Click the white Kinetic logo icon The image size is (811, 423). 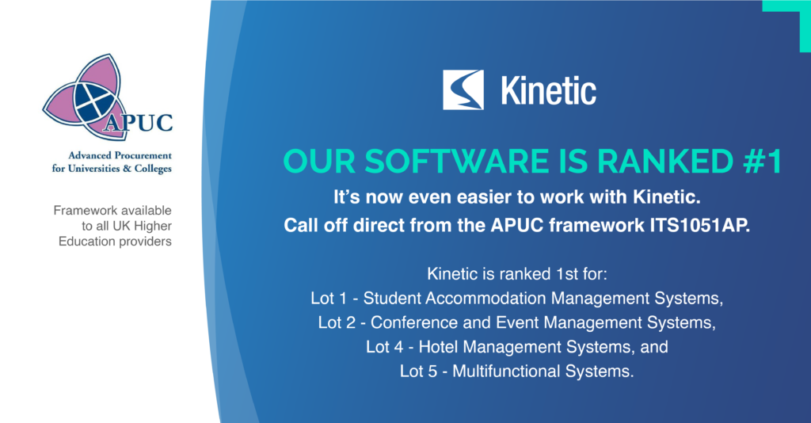[x=463, y=90]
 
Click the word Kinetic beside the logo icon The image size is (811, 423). [x=548, y=90]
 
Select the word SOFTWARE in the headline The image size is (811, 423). [x=430, y=161]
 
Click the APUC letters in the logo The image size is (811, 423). [x=144, y=124]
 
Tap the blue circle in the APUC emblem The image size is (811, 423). [x=93, y=101]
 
